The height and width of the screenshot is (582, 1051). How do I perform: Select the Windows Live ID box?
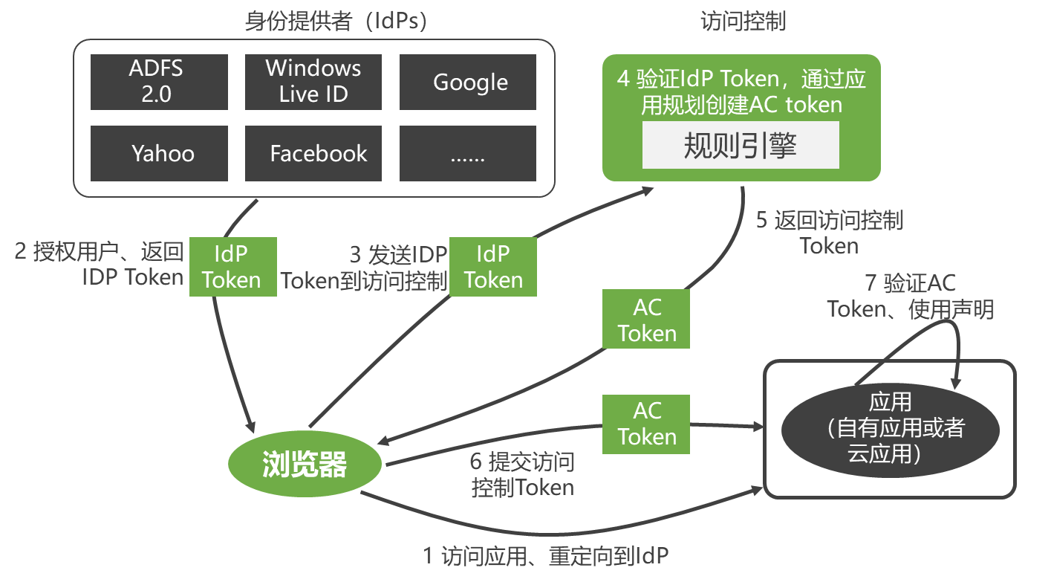point(313,82)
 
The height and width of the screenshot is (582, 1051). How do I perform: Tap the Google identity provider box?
point(467,82)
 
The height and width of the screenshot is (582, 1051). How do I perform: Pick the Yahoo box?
point(159,153)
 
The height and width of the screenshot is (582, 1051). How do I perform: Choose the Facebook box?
point(313,153)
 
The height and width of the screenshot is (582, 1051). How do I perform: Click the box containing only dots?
point(467,153)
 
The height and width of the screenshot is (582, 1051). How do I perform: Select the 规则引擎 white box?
point(741,146)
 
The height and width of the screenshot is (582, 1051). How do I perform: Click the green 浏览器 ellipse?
point(305,465)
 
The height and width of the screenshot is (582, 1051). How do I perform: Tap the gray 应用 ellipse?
point(890,428)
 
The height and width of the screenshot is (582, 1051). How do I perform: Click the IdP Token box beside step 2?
point(232,267)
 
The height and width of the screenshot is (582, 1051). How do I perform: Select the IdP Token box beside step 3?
point(493,267)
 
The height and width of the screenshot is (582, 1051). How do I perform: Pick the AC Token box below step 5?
point(646,320)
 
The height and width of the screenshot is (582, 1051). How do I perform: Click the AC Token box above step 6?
point(646,424)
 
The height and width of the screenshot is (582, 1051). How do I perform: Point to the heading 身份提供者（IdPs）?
point(336,22)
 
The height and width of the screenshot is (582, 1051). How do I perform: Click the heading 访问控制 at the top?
point(742,22)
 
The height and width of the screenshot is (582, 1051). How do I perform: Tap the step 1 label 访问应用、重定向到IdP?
point(545,555)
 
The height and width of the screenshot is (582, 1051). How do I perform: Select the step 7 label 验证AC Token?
point(911,296)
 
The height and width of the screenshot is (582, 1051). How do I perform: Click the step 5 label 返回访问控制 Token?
point(829,233)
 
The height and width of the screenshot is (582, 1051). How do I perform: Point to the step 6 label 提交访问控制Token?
point(522,475)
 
